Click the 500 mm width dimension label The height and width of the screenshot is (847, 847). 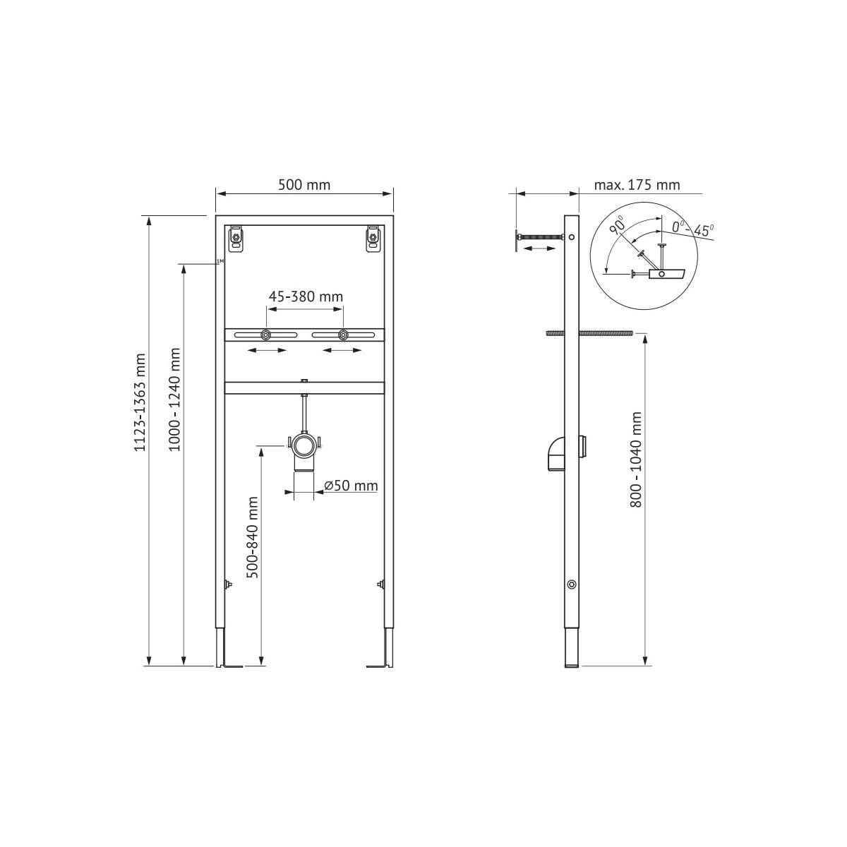(304, 185)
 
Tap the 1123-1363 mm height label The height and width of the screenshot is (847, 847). (140, 402)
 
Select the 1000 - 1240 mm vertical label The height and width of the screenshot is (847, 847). (175, 399)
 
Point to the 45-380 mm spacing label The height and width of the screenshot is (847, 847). (306, 296)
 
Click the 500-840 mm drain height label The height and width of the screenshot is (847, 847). (253, 536)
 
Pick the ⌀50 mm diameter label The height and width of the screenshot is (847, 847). (351, 486)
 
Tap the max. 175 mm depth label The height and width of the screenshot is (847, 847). (637, 185)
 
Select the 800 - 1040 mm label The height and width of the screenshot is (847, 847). (635, 459)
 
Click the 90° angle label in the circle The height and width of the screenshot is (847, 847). (618, 224)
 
